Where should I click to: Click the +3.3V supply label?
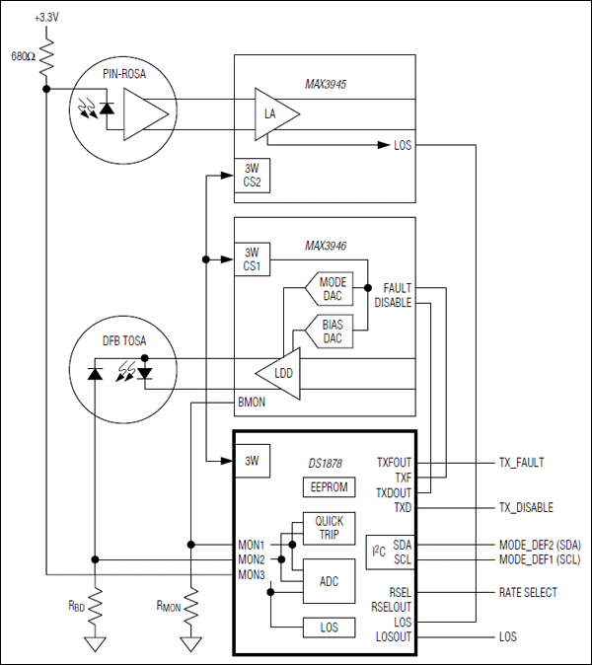point(46,18)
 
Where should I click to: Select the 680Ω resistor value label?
point(23,55)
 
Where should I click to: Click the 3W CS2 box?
point(251,175)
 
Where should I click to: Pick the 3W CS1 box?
point(251,260)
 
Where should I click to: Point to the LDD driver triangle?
point(280,372)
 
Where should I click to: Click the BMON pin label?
point(252,402)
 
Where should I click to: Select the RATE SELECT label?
point(527,592)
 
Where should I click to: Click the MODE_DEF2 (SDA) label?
point(541,544)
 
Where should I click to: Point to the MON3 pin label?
point(251,573)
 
